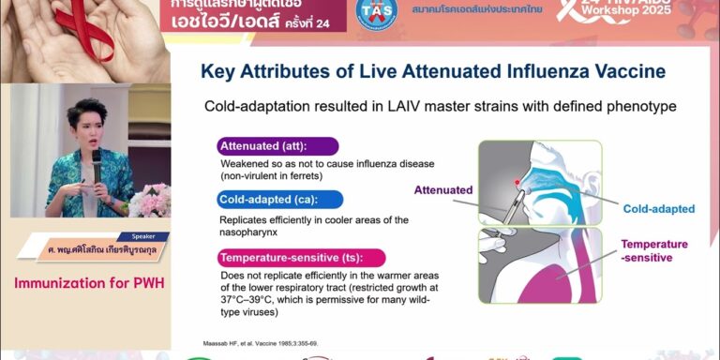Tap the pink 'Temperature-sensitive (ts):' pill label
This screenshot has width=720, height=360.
point(300,257)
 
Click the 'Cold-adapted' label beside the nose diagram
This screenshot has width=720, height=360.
point(658,209)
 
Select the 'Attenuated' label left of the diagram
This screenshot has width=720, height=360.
point(442,190)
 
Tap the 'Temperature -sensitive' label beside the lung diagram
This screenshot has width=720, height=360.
point(653,250)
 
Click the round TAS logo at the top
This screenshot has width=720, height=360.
point(377,10)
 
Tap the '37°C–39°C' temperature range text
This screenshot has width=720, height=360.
point(252,301)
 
